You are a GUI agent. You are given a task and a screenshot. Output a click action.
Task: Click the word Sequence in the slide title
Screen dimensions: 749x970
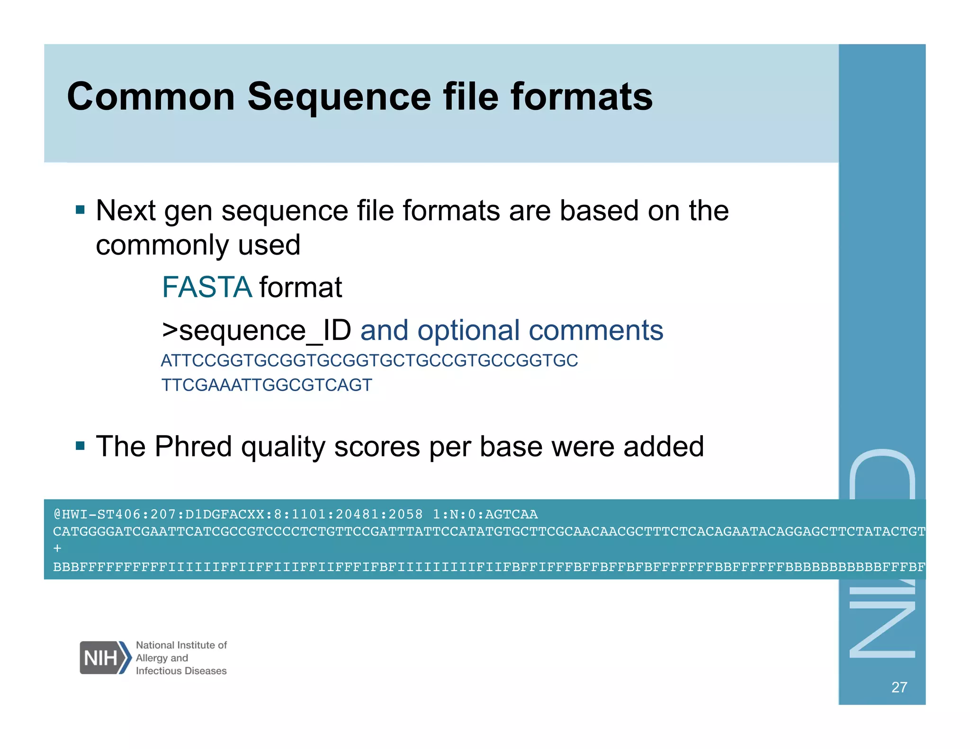pyautogui.click(x=339, y=97)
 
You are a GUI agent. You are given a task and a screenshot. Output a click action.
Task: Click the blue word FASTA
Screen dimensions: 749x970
pyautogui.click(x=207, y=287)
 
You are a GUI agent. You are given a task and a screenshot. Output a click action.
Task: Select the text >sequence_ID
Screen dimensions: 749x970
pyautogui.click(x=256, y=330)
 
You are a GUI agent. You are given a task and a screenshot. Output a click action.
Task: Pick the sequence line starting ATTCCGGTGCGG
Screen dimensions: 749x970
pyautogui.click(x=369, y=361)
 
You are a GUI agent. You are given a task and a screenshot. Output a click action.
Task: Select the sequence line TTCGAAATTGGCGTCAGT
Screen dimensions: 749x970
pyautogui.click(x=267, y=385)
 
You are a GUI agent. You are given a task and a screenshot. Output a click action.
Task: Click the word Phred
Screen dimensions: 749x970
pyautogui.click(x=193, y=446)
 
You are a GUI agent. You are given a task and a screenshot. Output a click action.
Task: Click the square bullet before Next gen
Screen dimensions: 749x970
pyautogui.click(x=80, y=210)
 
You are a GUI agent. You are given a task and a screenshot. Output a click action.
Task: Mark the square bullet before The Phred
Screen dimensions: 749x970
pyautogui.click(x=80, y=446)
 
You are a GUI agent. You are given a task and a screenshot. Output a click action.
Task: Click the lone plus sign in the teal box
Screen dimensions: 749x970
pyautogui.click(x=57, y=549)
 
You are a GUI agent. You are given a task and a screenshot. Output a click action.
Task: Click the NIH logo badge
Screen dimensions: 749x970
pyautogui.click(x=105, y=658)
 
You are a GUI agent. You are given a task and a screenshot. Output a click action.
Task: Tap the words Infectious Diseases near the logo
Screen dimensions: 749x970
pyautogui.click(x=181, y=671)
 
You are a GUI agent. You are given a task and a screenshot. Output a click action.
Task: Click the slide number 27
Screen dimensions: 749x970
pyautogui.click(x=899, y=687)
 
